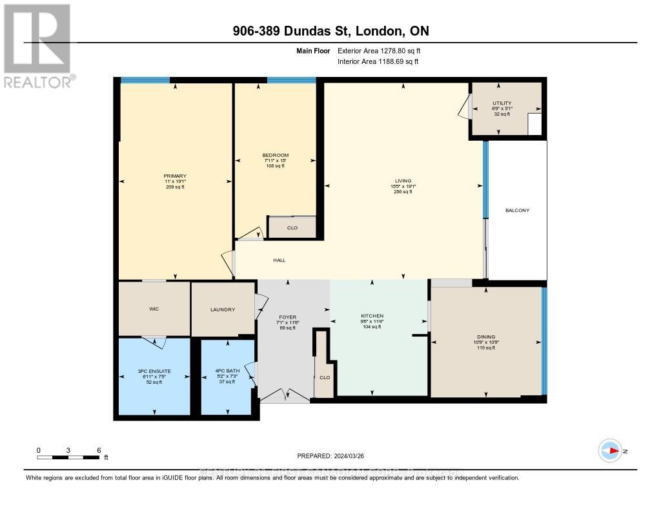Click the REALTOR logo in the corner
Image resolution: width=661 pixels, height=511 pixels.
pos(37,45)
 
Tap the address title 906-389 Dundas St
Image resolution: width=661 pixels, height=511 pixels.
pos(330,31)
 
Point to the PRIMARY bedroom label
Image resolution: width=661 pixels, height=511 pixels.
pos(175,176)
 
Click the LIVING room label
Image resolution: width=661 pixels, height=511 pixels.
pos(403,181)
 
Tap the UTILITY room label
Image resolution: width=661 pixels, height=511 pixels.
pos(502,103)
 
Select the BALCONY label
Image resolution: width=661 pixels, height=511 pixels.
pos(517,210)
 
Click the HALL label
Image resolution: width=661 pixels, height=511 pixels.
pos(279,260)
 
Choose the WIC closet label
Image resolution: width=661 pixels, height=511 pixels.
pos(154,309)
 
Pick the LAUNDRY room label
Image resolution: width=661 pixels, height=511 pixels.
pos(223,309)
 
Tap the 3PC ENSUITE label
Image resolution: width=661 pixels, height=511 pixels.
pos(154,370)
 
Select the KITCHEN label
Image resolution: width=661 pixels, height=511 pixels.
pos(372,316)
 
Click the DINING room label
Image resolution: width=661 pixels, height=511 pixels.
pos(486,337)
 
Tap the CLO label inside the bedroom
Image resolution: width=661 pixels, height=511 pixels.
pos(292,227)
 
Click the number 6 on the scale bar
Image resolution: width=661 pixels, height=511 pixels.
pos(98,450)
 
